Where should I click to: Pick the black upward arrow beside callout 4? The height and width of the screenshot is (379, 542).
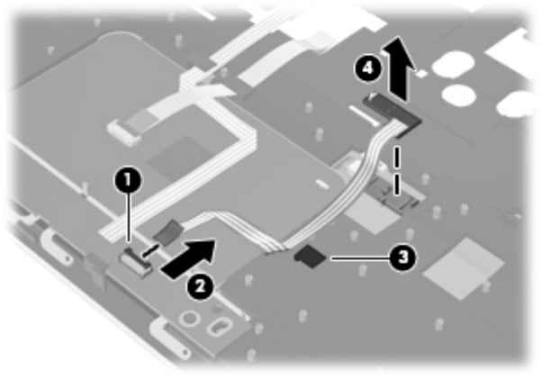pos(401,60)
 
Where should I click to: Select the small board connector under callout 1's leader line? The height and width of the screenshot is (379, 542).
pos(132,259)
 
